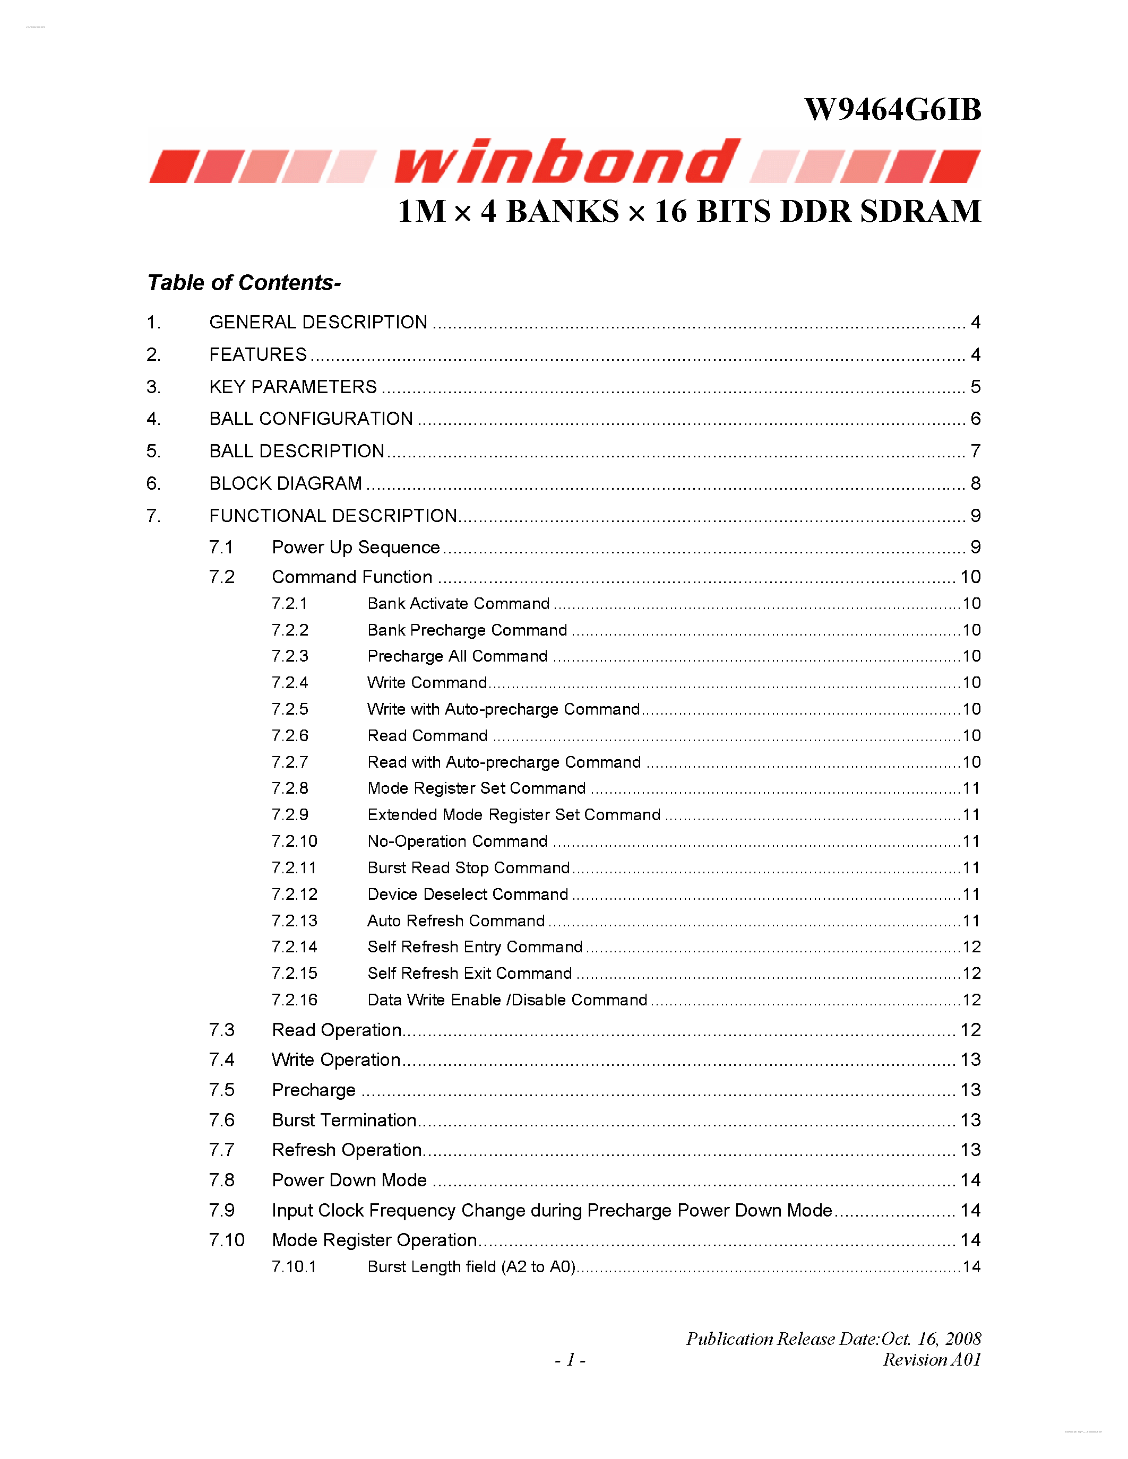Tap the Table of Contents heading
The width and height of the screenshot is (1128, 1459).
coord(244,283)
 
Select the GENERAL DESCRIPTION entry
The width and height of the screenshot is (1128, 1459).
coord(318,322)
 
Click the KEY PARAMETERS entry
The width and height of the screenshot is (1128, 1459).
coord(292,387)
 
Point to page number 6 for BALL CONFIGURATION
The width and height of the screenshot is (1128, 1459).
coord(975,419)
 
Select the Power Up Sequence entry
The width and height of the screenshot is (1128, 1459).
coord(356,547)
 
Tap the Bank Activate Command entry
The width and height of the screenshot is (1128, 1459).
coord(459,604)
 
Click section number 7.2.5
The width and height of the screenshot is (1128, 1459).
coord(289,709)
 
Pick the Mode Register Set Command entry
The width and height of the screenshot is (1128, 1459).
coord(477,788)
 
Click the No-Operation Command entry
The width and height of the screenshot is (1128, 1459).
coord(457,841)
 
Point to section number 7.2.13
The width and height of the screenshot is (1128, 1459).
coord(294,920)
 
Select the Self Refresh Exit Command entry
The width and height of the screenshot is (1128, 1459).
coord(469,974)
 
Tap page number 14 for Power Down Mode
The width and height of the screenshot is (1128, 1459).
coord(970,1180)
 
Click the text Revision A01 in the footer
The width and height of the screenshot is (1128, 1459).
coord(932,1359)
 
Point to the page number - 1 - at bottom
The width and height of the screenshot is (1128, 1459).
coord(570,1359)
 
